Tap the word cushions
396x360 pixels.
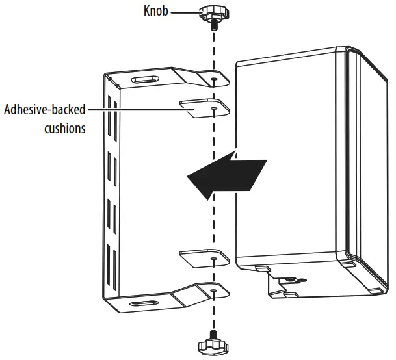64,128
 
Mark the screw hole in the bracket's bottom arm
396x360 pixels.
214,289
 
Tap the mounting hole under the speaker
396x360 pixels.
300,280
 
